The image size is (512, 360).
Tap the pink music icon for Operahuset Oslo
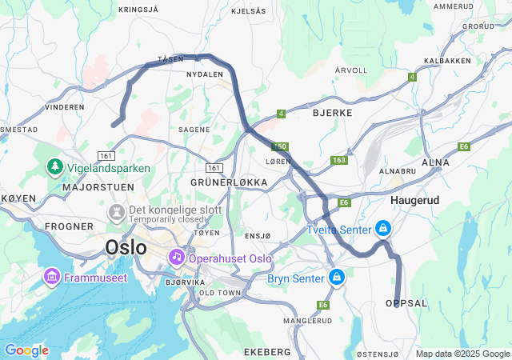pos(175,258)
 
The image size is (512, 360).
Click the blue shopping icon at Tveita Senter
pos(383,229)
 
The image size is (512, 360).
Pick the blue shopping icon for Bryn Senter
pos(337,278)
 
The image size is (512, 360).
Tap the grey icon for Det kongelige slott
pos(116,213)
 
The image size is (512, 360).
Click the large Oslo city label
pos(126,247)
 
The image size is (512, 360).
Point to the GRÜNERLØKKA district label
pos(229,182)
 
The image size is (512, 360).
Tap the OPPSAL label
pos(406,303)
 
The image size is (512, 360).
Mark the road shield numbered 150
pos(279,147)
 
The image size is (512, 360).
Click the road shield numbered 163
pos(339,160)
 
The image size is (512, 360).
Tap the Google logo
pos(26,350)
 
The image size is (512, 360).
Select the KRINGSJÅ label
pos(138,10)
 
